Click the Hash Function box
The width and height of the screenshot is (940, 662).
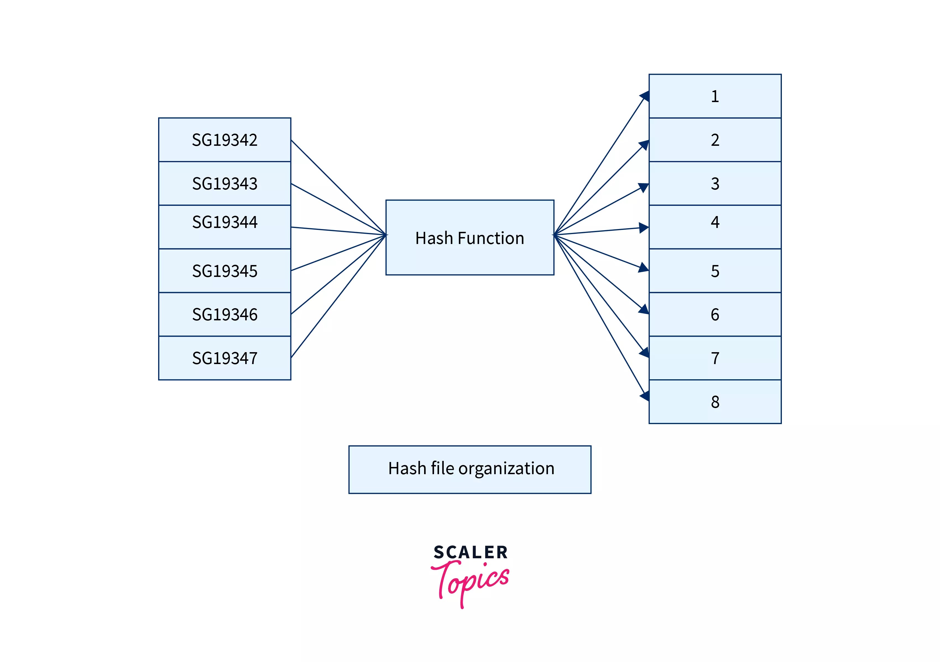(x=470, y=238)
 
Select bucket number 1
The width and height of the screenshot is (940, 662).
(x=715, y=96)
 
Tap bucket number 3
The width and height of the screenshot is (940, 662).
(x=715, y=183)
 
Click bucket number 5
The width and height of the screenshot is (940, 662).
(x=715, y=271)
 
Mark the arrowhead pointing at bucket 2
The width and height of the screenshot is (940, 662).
(x=644, y=145)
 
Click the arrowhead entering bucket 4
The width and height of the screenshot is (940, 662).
(x=644, y=228)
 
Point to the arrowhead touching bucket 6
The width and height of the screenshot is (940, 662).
(x=644, y=309)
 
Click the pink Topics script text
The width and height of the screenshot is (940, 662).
(x=471, y=582)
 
